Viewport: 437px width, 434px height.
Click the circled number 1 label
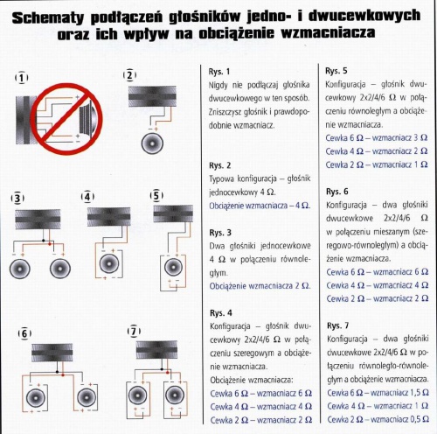click(22, 78)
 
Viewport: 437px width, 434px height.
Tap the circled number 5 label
click(156, 195)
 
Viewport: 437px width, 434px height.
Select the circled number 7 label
click(134, 332)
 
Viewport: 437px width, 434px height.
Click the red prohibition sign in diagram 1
click(66, 119)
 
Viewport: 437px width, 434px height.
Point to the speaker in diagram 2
click(152, 143)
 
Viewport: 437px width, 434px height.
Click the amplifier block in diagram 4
click(109, 217)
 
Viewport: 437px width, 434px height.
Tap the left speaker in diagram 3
click(20, 269)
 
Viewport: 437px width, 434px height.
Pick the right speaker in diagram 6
click(87, 397)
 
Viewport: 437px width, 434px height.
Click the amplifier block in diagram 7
click(156, 349)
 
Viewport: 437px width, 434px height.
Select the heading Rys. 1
click(219, 72)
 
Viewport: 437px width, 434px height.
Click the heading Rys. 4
click(221, 313)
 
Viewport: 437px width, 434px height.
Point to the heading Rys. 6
click(337, 192)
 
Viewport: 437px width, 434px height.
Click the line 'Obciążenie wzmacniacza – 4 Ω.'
click(260, 206)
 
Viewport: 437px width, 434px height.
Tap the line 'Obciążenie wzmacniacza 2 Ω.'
click(260, 286)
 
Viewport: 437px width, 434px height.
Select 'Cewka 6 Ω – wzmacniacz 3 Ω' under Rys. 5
click(377, 137)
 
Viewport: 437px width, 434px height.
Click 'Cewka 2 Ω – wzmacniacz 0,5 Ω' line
click(378, 419)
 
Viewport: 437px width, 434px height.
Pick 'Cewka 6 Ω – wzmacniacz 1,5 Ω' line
click(378, 393)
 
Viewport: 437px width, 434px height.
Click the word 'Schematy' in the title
click(48, 17)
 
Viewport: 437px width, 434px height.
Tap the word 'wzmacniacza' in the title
click(328, 32)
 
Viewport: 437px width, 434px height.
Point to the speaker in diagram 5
click(173, 267)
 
